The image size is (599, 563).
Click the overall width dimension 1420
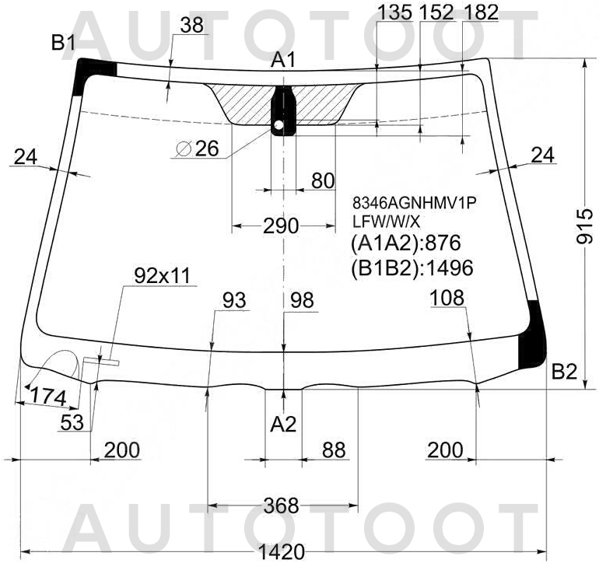(282, 552)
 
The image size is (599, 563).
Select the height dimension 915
(584, 226)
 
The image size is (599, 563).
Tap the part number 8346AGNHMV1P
(415, 203)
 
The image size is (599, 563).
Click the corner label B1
(64, 43)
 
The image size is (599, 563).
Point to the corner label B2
(564, 371)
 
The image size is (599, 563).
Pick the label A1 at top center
(283, 60)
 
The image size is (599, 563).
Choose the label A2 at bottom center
(283, 424)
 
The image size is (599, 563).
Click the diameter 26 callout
(198, 149)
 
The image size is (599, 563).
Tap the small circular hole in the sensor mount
(278, 124)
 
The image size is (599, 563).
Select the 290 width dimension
(281, 226)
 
